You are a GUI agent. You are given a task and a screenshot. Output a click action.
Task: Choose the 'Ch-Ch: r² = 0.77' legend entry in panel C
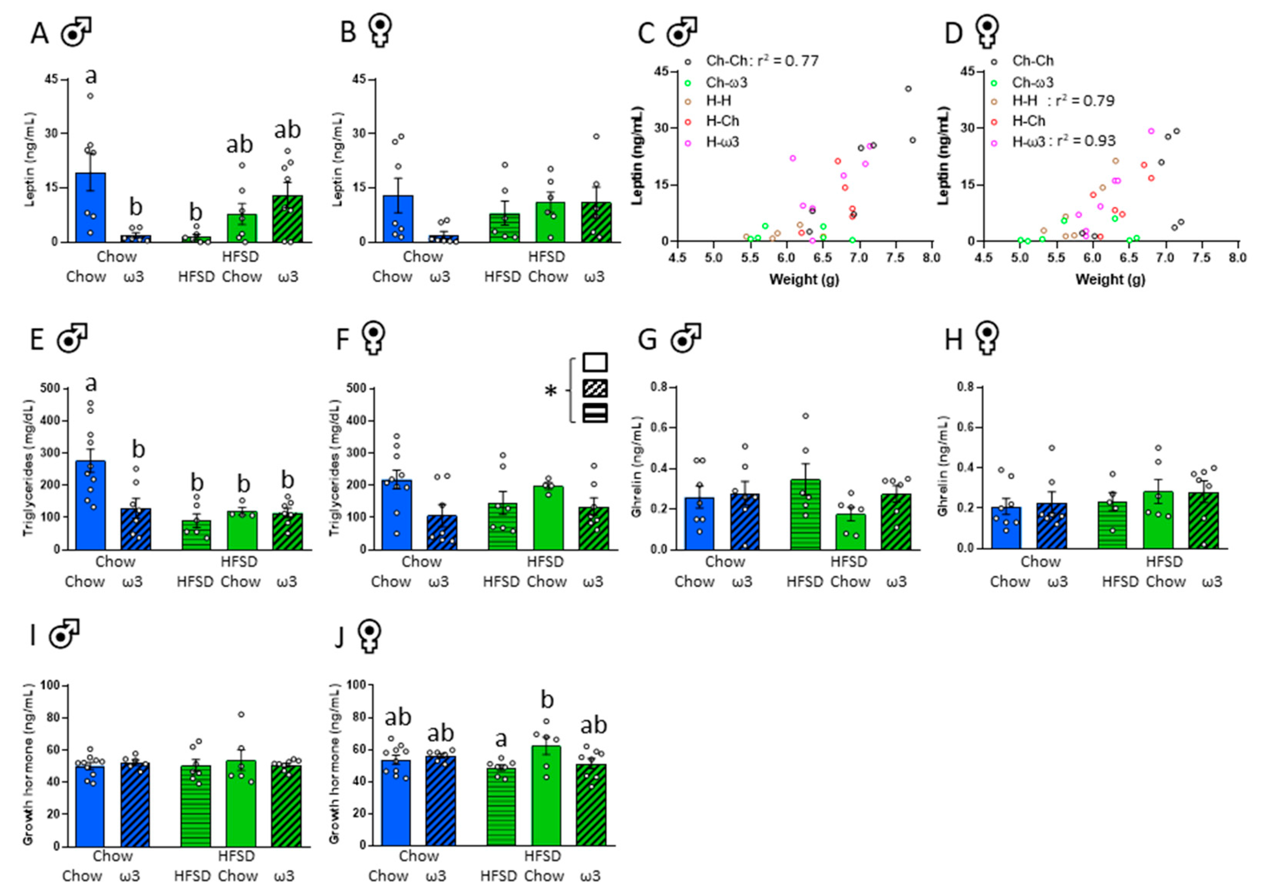click(762, 61)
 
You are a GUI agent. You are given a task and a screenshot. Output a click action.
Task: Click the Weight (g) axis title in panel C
click(804, 279)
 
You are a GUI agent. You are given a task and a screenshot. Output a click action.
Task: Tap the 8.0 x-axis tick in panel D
click(1238, 258)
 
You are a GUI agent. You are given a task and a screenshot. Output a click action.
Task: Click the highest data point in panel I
click(241, 715)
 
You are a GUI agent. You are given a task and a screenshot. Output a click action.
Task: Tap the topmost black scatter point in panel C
click(908, 89)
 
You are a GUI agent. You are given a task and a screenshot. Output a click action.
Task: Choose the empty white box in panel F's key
click(595, 362)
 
